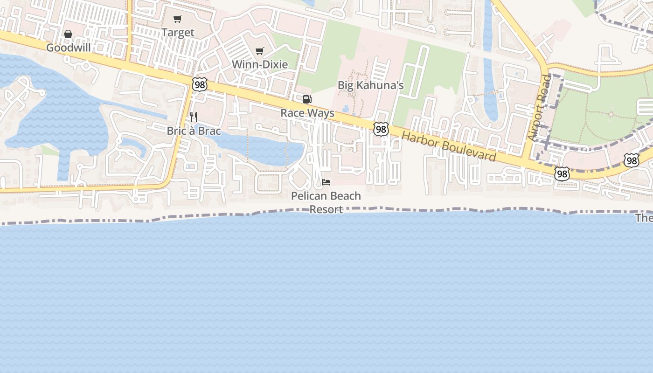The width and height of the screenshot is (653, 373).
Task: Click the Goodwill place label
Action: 68,48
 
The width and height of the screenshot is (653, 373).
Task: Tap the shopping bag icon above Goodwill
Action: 68,34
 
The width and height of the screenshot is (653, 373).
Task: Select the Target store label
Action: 178,33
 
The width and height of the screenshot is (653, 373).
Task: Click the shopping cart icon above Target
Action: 177,19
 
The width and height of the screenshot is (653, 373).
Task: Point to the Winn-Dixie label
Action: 260,64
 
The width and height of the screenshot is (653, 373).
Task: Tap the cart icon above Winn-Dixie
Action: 259,51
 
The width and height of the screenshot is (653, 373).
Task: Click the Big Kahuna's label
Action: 371,85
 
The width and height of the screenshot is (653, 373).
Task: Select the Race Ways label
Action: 307,113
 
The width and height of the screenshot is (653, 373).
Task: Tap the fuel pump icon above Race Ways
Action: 307,99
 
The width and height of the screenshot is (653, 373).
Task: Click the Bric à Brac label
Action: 194,131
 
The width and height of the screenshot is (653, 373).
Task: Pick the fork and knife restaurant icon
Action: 194,117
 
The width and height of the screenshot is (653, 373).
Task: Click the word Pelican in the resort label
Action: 307,196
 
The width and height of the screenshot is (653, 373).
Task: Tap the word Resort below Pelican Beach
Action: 326,209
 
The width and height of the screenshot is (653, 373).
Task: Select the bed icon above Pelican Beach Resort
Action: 326,182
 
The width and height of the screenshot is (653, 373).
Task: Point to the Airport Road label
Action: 540,108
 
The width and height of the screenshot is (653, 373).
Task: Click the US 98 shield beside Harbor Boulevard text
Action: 381,129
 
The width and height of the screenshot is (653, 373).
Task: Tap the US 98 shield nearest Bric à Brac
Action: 200,84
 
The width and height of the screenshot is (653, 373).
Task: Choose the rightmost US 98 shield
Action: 632,160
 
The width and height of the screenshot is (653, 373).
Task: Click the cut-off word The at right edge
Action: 644,218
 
